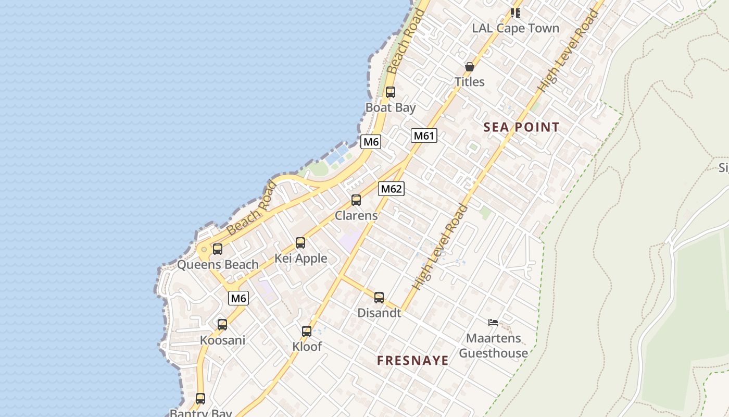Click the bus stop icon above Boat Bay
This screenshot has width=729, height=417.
[x=390, y=92]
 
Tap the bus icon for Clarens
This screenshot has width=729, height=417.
[x=356, y=200]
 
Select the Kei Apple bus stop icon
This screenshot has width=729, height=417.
[x=300, y=242]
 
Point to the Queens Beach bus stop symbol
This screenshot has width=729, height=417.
[x=218, y=249]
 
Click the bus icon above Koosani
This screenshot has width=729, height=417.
[x=222, y=324]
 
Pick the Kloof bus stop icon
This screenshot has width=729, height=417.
[x=307, y=331]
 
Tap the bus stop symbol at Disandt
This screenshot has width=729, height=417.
[x=379, y=298]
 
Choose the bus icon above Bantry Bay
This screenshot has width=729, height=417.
[x=200, y=399]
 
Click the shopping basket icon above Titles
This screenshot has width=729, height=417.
[x=469, y=67]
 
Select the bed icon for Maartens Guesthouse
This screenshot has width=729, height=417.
[x=493, y=323]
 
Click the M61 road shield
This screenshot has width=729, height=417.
[x=423, y=136]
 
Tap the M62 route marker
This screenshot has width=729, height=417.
[x=391, y=189]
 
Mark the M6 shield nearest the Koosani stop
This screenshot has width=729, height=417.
[x=238, y=298]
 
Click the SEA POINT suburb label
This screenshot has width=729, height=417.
[x=521, y=127]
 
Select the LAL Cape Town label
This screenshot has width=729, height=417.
[x=516, y=29]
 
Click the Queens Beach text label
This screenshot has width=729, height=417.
[x=218, y=264]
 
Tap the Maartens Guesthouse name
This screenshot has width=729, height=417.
[x=493, y=346]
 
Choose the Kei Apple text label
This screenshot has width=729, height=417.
[x=301, y=258]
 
